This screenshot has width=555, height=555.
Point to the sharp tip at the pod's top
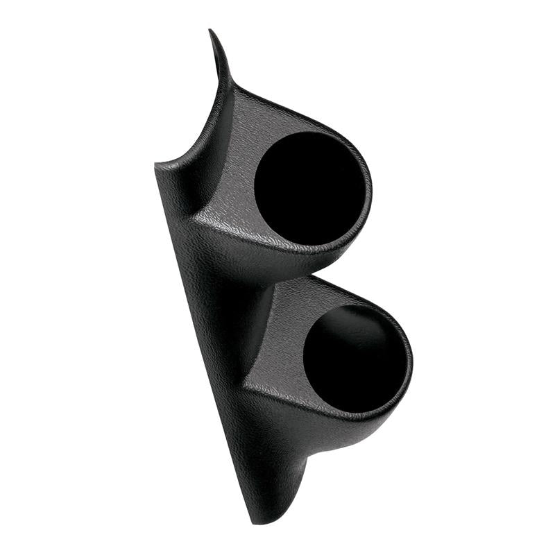(211, 32)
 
